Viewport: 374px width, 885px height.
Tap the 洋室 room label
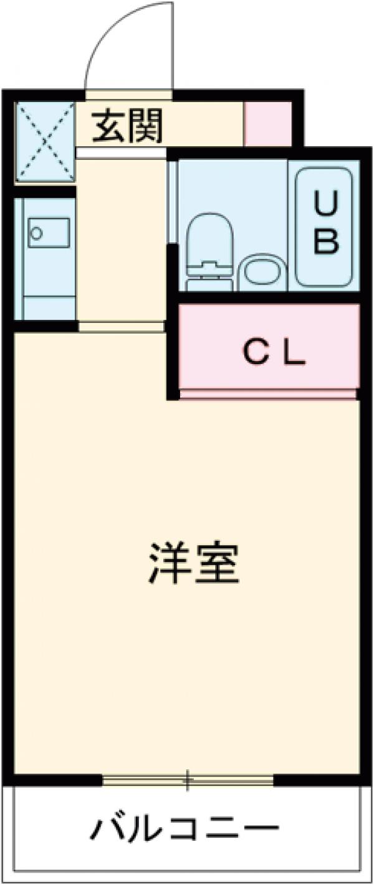click(194, 563)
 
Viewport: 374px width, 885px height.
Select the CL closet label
click(274, 354)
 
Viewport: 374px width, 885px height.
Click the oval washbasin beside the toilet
click(262, 271)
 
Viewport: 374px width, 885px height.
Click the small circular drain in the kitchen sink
click(36, 233)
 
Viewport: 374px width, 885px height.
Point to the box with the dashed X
click(45, 143)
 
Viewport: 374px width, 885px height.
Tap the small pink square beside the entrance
click(267, 124)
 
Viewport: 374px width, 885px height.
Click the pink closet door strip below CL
click(268, 394)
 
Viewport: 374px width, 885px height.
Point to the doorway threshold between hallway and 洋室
click(121, 327)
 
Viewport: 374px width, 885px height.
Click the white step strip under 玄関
click(121, 152)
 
